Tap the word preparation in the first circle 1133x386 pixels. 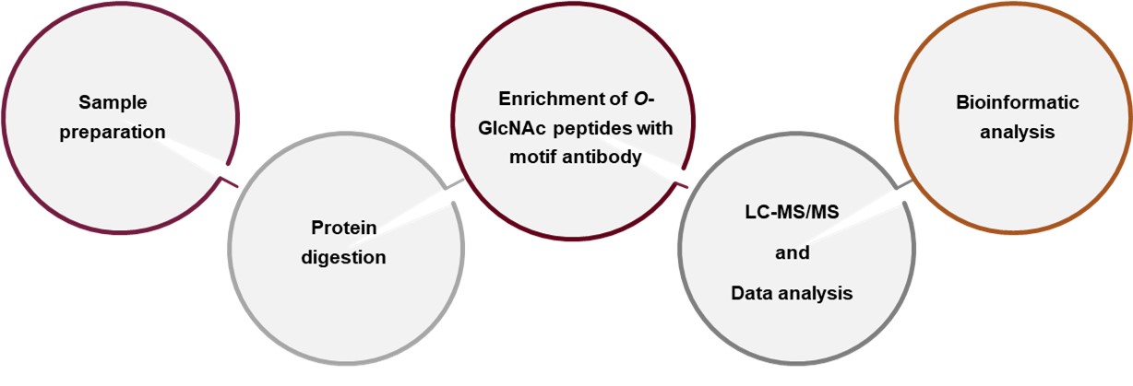tap(113, 132)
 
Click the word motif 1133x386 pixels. tap(531, 158)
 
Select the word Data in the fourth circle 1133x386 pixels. tap(752, 293)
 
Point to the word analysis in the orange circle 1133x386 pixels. tap(1017, 132)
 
